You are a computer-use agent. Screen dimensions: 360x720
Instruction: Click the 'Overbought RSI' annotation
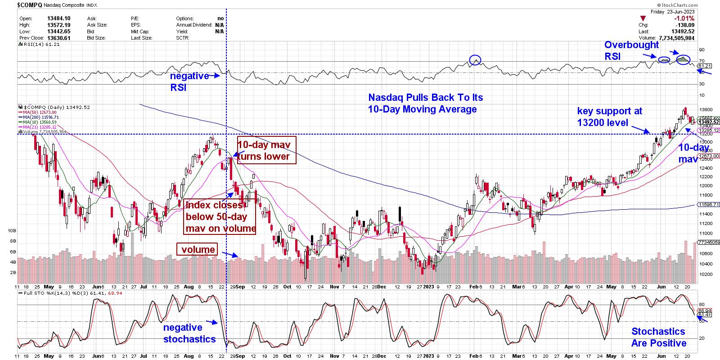(x=631, y=50)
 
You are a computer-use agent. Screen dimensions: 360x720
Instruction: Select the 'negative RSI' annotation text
(x=189, y=81)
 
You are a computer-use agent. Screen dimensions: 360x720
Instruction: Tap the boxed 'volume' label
(x=198, y=249)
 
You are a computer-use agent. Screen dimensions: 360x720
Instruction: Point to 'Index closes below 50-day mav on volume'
(x=220, y=217)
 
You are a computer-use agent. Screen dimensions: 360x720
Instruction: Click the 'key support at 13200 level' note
(x=609, y=117)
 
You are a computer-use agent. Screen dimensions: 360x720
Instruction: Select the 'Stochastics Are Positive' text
(x=658, y=337)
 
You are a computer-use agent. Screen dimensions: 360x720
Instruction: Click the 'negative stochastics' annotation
(x=189, y=333)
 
